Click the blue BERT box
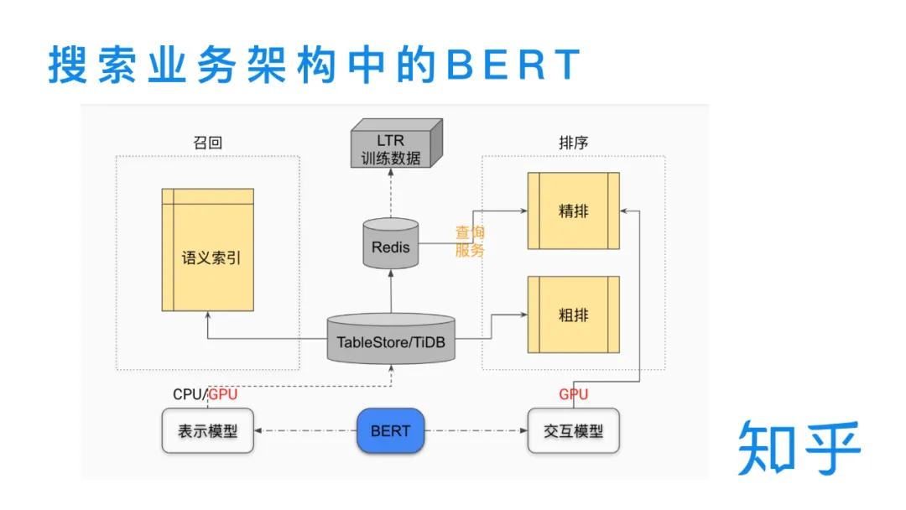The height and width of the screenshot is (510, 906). [x=390, y=431]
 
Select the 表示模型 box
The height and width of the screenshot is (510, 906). [x=207, y=431]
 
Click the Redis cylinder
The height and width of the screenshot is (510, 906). [x=390, y=244]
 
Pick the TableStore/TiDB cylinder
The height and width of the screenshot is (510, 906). [x=390, y=340]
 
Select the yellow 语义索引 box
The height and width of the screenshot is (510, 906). [x=208, y=249]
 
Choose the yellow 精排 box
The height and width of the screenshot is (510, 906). [x=573, y=211]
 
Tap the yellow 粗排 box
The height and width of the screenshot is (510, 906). [x=573, y=315]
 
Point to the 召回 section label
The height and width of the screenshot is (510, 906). [x=207, y=143]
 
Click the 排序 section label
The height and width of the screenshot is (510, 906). [x=573, y=143]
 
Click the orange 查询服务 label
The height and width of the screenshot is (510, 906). [x=470, y=242]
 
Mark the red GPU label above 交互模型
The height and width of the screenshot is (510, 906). [x=574, y=394]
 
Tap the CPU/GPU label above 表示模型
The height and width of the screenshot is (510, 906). [x=205, y=394]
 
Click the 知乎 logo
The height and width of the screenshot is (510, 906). [x=799, y=448]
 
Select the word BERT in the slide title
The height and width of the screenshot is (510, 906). [x=513, y=65]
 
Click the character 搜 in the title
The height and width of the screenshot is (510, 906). [x=67, y=65]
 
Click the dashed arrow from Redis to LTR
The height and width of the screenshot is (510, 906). [x=390, y=193]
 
